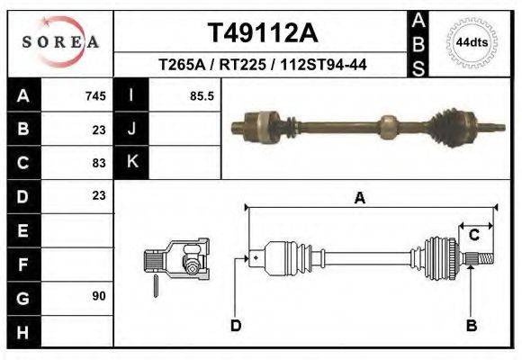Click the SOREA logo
(60, 41)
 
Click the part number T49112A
(262, 33)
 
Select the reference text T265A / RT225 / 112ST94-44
(262, 65)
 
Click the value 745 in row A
(95, 96)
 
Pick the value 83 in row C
(99, 163)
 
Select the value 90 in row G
(99, 296)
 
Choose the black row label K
(132, 162)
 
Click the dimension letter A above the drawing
(359, 199)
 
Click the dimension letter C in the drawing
(473, 235)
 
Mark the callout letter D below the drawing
(236, 325)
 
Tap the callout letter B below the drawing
(471, 325)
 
